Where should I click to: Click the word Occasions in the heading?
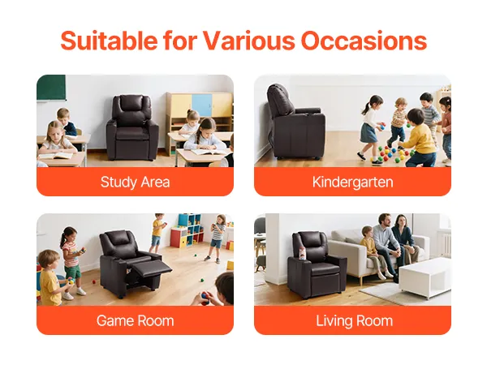364,41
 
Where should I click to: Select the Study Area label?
135,182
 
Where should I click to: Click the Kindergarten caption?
353,182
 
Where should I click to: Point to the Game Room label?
135,320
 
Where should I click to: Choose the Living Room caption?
355,320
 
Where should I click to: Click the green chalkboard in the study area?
51,88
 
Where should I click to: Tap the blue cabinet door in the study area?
202,105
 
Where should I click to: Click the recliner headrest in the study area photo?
131,103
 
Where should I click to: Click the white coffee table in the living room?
425,277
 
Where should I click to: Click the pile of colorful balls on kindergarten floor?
393,153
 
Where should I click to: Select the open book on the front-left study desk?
56,155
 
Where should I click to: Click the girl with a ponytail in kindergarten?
371,130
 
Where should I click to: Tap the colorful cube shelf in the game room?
187,230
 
